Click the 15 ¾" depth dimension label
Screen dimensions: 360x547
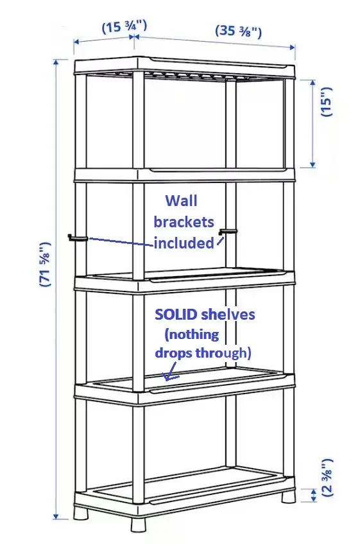124,27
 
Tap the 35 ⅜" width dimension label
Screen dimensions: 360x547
238,31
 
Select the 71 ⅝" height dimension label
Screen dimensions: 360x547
46,264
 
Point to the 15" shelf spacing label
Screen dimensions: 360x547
327,101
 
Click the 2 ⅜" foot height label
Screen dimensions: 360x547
329,477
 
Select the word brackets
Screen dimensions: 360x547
184,222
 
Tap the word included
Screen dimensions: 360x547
184,243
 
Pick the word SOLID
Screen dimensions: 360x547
176,315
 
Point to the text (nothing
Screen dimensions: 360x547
191,335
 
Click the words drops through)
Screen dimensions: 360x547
203,353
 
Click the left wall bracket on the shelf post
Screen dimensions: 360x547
77,238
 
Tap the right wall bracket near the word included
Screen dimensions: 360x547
227,232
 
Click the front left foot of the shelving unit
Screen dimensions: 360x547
80,513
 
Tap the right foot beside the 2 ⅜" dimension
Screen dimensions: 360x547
289,496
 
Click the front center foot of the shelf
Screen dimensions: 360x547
137,525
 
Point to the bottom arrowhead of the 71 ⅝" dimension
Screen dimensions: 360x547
56,516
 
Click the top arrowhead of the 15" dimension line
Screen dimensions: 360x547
313,83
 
